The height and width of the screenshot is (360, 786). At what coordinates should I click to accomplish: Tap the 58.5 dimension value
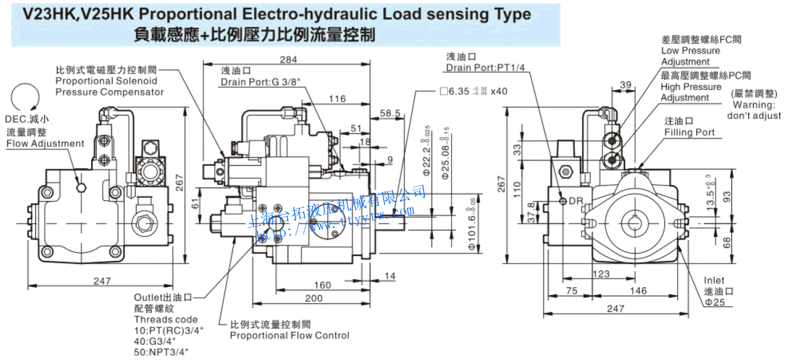tap(390, 113)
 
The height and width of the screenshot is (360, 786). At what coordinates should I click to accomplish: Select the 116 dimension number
tap(337, 99)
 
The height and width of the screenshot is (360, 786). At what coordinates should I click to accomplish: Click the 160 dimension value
tap(322, 285)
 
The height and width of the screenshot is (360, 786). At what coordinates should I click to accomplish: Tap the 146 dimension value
tap(638, 291)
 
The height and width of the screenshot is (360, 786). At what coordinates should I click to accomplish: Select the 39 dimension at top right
tap(625, 84)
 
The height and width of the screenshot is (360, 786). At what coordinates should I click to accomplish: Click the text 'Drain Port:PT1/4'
tap(485, 67)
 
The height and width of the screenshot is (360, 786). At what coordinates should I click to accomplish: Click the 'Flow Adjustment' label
tap(45, 143)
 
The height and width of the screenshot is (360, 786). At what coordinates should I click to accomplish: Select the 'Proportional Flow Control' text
tap(290, 335)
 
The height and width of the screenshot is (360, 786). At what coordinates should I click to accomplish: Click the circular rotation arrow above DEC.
tap(25, 99)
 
